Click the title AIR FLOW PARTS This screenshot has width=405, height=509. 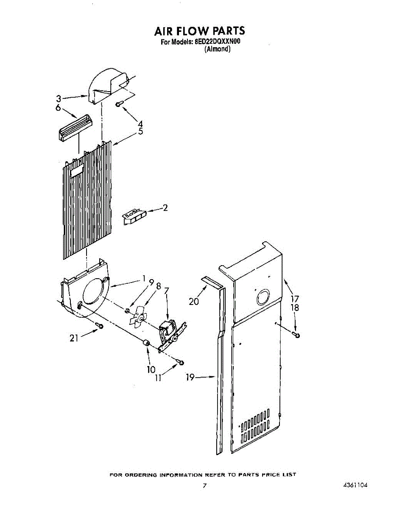199,31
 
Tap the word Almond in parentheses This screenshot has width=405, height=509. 217,49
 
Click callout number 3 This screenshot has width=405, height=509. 59,99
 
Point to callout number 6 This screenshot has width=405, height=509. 59,108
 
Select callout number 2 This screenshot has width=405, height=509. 165,208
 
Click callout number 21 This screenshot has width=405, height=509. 74,338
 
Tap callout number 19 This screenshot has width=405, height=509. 190,377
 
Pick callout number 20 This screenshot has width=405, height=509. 194,302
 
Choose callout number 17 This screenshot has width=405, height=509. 294,299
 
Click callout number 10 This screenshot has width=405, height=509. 151,369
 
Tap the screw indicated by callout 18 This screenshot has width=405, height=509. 296,336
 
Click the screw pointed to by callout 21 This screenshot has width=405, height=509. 100,325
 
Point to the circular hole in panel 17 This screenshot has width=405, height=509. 263,298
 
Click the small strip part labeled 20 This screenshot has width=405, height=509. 211,281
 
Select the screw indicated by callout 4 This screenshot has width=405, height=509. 120,103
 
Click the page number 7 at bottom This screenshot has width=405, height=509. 204,486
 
